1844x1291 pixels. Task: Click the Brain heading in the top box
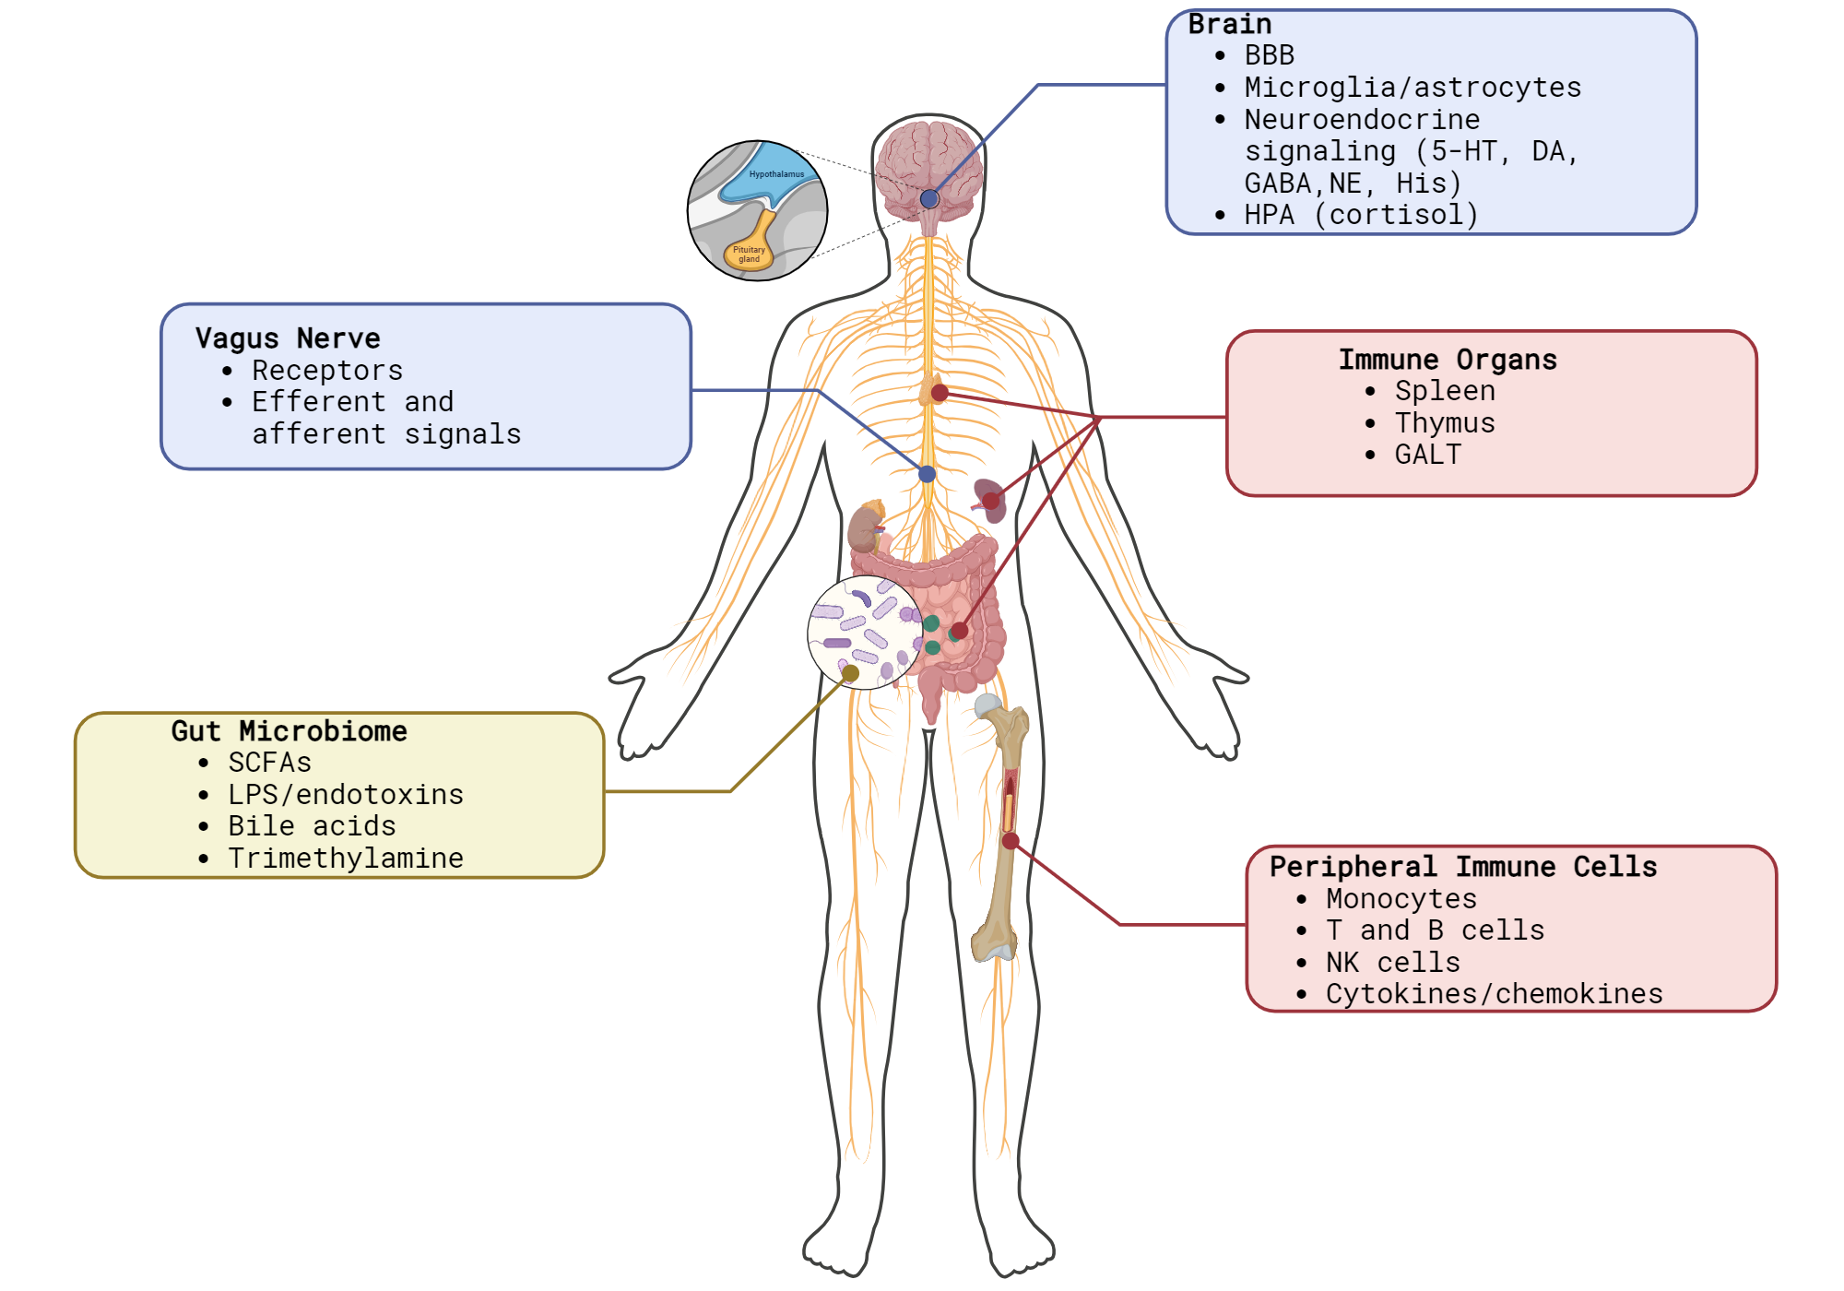(1229, 25)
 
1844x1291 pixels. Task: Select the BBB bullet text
(1269, 56)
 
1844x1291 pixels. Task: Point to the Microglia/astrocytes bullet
(1412, 88)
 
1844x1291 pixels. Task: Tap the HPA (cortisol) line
(1361, 215)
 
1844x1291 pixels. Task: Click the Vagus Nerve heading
(288, 338)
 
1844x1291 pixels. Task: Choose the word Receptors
(327, 371)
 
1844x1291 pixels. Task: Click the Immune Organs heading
(1448, 360)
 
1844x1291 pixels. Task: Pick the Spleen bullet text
(1444, 391)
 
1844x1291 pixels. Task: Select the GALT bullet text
(1427, 455)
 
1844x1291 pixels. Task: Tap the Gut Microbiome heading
(289, 731)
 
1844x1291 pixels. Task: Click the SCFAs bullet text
(269, 763)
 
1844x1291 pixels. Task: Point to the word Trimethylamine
(346, 859)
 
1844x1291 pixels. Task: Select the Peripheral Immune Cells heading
(1463, 867)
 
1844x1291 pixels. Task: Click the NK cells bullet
(1392, 963)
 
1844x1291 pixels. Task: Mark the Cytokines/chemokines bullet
(1494, 994)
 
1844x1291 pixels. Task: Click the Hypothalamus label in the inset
(776, 174)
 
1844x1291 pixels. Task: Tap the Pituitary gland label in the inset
(749, 255)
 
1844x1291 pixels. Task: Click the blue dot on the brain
(929, 199)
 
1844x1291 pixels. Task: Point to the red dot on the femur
(1011, 841)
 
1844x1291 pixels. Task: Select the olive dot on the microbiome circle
(850, 674)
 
